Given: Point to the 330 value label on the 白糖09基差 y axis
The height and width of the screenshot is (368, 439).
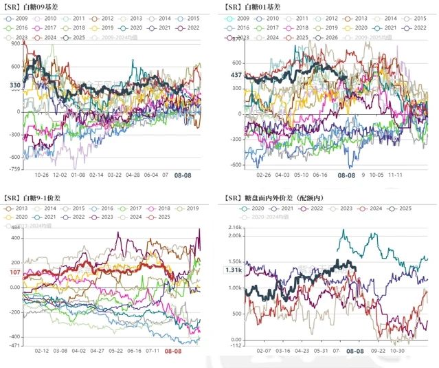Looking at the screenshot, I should pyautogui.click(x=15, y=85).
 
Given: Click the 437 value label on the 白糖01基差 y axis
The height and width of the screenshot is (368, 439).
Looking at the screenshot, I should pyautogui.click(x=236, y=74).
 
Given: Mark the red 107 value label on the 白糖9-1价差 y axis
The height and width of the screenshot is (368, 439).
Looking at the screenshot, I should pyautogui.click(x=14, y=272).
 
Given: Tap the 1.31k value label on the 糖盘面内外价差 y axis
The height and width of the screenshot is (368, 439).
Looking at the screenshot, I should pyautogui.click(x=234, y=270).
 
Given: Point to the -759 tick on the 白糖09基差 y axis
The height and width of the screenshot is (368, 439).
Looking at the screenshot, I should pyautogui.click(x=14, y=168).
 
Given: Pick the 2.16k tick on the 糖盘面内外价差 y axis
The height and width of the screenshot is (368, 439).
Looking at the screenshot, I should pyautogui.click(x=235, y=226).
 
